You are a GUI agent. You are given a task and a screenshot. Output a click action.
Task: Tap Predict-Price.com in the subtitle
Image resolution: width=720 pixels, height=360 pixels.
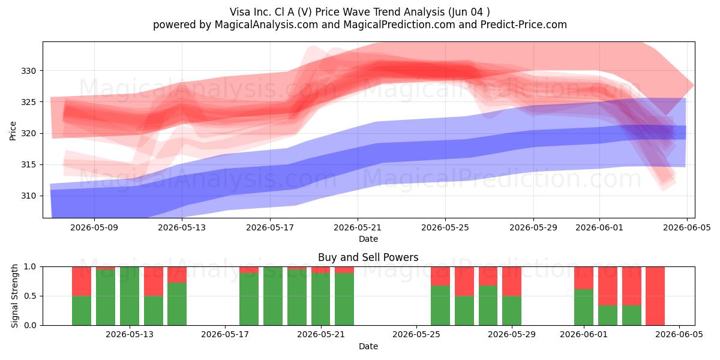(x=524, y=25)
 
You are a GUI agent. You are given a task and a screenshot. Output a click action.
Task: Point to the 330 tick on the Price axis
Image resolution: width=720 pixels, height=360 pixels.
(x=28, y=71)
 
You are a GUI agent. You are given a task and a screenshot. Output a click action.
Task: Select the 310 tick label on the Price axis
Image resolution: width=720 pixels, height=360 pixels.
(x=28, y=196)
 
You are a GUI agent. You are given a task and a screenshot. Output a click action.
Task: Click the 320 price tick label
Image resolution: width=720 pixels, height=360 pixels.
(x=28, y=133)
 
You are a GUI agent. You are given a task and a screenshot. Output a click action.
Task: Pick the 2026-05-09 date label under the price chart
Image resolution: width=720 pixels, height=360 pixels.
(x=94, y=227)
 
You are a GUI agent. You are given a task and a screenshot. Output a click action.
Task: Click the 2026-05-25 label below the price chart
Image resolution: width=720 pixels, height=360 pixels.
(x=445, y=227)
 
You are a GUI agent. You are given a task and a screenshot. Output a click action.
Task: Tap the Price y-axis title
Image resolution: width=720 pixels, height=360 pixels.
(x=13, y=131)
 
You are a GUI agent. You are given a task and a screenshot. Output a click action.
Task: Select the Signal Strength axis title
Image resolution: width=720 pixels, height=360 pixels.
(x=14, y=296)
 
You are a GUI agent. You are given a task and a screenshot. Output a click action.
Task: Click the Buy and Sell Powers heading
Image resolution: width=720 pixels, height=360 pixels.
(x=368, y=257)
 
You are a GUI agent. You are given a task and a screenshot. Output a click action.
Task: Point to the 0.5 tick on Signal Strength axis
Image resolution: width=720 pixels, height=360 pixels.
(x=30, y=296)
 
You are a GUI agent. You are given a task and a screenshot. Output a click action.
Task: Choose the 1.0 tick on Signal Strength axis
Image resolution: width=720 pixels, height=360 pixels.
(x=30, y=267)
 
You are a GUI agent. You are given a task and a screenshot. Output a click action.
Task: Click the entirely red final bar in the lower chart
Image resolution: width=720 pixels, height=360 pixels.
(x=655, y=296)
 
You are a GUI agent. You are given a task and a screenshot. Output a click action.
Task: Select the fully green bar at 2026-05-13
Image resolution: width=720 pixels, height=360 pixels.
(x=130, y=296)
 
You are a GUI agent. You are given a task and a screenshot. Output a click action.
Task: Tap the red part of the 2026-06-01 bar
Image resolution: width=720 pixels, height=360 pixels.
(x=584, y=278)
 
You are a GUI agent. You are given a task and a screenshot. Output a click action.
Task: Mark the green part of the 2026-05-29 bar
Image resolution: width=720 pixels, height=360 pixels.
(x=512, y=311)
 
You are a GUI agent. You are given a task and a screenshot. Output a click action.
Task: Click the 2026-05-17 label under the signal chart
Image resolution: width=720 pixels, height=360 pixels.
(x=225, y=335)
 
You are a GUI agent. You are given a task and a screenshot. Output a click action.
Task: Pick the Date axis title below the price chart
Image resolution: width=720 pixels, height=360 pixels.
(x=368, y=239)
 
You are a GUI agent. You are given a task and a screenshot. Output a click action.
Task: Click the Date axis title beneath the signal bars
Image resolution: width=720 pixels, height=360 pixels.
(x=368, y=346)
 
